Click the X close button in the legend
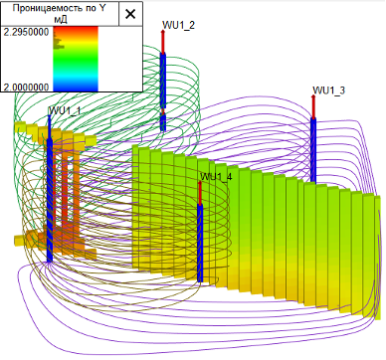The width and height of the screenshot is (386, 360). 130,14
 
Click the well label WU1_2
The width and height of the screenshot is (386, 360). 178,25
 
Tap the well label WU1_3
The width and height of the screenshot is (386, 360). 329,90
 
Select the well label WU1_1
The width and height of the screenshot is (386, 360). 65,110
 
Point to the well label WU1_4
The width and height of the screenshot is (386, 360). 216,176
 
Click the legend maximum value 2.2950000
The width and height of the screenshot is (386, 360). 26,32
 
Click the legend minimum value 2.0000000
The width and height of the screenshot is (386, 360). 26,88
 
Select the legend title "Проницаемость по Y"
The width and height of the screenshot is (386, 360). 60,8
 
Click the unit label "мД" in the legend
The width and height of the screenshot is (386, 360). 60,20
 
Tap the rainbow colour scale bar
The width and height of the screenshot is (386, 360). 76,59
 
